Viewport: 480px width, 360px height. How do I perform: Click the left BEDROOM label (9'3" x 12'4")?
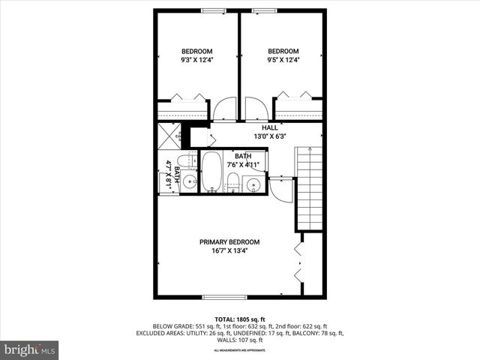coord(196,51)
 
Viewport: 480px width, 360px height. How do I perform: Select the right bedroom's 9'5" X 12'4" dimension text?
coord(283,60)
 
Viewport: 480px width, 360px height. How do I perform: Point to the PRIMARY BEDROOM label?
coord(229,241)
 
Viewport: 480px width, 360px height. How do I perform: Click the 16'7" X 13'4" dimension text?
coord(229,251)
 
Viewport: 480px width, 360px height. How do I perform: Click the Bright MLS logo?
coord(30,349)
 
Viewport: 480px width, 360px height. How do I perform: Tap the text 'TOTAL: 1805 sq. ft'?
coord(239,319)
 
